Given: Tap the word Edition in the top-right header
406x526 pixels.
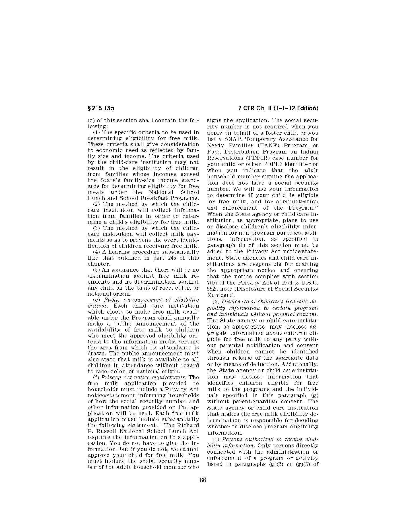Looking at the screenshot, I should (308, 109).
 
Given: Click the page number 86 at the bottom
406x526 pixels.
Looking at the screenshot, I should (203, 480).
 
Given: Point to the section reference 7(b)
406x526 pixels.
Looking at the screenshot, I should (212, 283).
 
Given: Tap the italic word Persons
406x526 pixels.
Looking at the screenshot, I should (226, 440).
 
